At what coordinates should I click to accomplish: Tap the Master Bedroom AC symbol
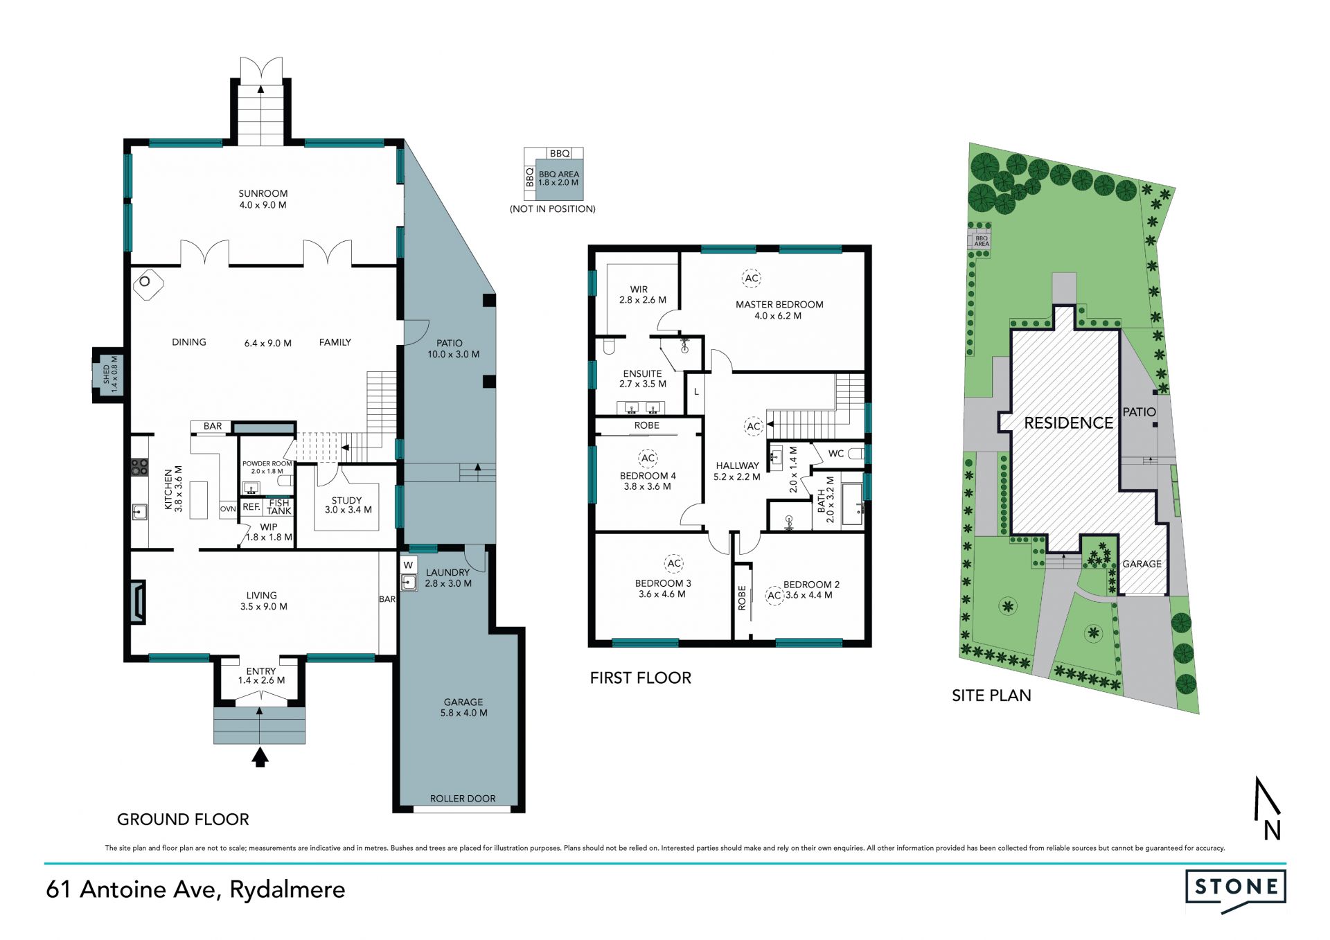point(752,278)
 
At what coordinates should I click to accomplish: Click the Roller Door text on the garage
point(463,799)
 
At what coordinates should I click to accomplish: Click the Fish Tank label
point(279,507)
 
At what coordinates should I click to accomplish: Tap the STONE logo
point(1236,890)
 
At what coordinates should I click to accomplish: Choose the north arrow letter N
point(1272,830)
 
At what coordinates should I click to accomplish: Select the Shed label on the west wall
point(110,374)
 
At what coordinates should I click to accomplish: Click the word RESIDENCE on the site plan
point(1068,423)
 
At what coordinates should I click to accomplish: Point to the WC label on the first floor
point(836,454)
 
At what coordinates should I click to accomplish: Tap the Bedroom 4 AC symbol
point(648,458)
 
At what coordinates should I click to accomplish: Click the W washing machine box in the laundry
point(408,565)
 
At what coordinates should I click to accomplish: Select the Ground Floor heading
point(183,819)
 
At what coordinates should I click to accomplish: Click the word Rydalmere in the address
point(287,889)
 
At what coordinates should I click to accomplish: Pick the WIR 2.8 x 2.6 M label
point(642,294)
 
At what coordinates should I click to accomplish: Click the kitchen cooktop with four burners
point(139,467)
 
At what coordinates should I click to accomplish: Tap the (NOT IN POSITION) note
point(553,209)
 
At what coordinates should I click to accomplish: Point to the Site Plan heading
point(991,695)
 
